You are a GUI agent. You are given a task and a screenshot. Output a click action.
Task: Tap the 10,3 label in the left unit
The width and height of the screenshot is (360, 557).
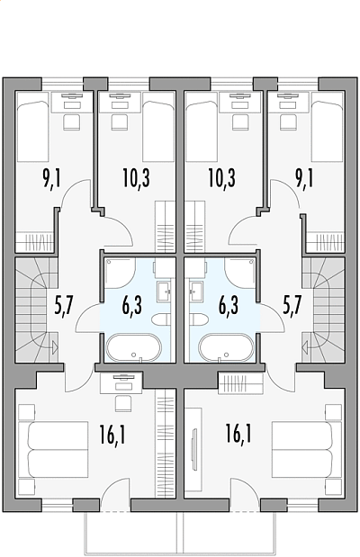point(137,178)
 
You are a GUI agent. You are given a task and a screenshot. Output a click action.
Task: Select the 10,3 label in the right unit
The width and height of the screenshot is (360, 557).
point(221,178)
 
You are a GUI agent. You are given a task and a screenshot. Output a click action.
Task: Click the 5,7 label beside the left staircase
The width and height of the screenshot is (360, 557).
point(64,306)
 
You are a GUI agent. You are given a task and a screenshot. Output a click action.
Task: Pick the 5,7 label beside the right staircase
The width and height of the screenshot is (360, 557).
point(292,305)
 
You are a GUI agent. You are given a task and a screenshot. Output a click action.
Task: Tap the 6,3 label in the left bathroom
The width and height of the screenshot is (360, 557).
point(132,306)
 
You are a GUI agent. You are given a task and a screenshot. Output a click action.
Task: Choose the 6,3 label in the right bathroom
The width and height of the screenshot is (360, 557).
point(229,306)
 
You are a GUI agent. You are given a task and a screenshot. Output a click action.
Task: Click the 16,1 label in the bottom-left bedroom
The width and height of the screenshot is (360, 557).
point(112,436)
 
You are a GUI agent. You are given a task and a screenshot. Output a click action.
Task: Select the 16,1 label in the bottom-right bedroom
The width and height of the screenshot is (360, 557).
point(238,434)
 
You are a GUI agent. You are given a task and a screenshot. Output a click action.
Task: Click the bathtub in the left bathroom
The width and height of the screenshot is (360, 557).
point(134,347)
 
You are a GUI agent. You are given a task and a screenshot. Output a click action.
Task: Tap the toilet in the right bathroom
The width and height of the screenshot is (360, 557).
point(199,319)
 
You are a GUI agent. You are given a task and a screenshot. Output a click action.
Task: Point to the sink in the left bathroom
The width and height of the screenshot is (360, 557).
point(164,289)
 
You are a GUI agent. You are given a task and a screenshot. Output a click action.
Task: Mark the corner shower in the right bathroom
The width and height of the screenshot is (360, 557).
point(240,273)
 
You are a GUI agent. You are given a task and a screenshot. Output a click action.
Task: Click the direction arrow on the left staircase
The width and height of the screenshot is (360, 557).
point(54,346)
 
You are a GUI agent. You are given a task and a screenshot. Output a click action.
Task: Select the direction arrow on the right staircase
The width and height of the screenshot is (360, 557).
point(304,346)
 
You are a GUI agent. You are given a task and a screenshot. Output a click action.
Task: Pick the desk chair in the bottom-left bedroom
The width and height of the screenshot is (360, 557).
point(123,404)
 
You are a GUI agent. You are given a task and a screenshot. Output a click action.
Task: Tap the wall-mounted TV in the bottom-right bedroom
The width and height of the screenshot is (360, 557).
point(194,449)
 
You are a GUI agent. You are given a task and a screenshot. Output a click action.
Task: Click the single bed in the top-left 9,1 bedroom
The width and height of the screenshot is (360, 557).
point(32,131)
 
